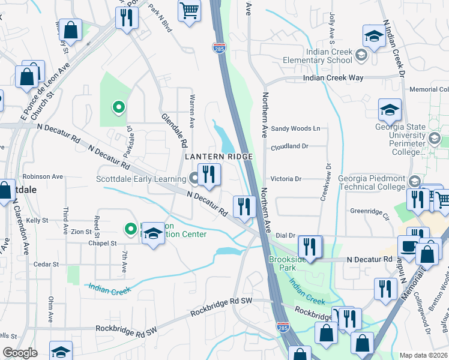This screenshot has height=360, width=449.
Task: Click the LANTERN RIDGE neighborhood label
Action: pos(218,156)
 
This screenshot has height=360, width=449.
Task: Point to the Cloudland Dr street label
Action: pos(289,146)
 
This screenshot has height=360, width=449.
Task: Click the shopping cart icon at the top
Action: pos(189,10)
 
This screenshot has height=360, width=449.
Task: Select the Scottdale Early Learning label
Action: pos(142,179)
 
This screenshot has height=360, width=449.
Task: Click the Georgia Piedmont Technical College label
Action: pos(371,182)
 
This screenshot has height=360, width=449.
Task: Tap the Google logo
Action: pos(20,353)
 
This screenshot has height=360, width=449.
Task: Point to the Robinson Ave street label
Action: pos(43,177)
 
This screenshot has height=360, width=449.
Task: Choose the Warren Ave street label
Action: pos(192,111)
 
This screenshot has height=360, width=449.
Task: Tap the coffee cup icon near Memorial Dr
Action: pos(409,247)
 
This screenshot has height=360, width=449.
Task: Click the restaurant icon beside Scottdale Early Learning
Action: pos(209,175)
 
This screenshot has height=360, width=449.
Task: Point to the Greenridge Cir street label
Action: pos(370,211)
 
